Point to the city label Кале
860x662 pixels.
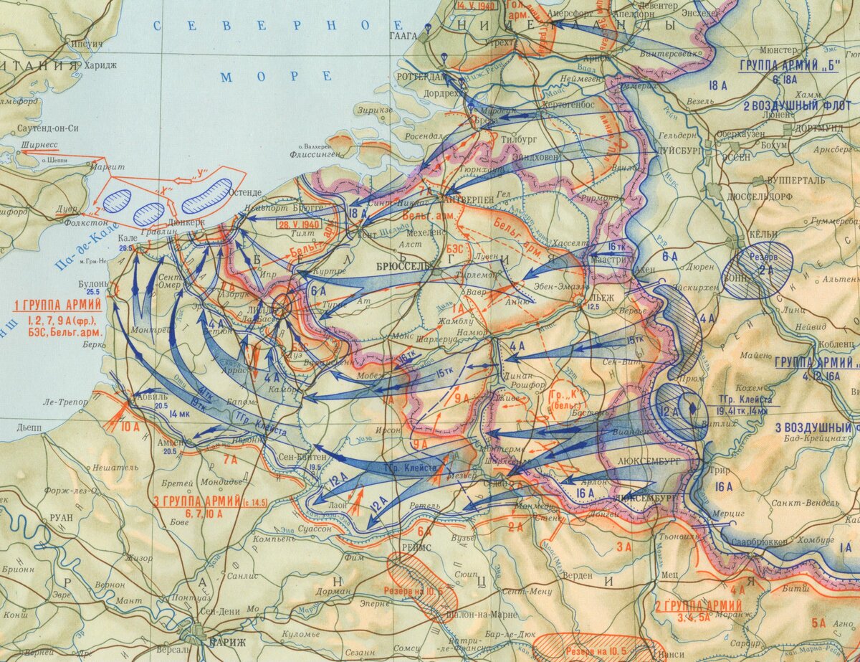pos(125,239)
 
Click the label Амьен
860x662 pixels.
pos(171,441)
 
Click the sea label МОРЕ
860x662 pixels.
pos(276,77)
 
